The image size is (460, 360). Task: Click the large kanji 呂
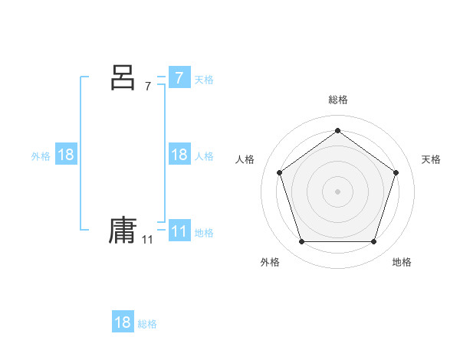(x=123, y=77)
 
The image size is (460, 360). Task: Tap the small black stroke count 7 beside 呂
(x=148, y=87)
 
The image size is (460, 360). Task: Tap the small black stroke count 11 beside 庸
(x=147, y=240)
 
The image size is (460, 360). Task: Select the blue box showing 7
(x=179, y=77)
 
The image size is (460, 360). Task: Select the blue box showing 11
(x=179, y=231)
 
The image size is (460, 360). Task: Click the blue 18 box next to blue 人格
(x=179, y=155)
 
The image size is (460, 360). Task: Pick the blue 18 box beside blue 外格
(x=66, y=155)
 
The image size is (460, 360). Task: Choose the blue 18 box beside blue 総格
(x=123, y=322)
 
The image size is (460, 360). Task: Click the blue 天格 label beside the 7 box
(x=204, y=79)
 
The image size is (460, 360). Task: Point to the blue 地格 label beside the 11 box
(x=204, y=233)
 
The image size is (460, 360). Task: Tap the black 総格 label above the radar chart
(x=337, y=100)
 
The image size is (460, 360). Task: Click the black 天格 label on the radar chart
(x=431, y=159)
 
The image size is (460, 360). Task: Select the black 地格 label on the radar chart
(x=402, y=262)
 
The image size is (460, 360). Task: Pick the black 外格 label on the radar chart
(x=270, y=262)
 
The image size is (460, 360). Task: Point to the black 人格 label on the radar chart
(x=245, y=159)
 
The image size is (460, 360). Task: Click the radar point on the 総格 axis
(x=337, y=130)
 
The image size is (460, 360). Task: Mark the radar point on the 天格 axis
(x=396, y=172)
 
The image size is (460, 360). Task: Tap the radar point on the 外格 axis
(x=301, y=241)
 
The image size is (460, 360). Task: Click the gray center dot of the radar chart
(x=337, y=191)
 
